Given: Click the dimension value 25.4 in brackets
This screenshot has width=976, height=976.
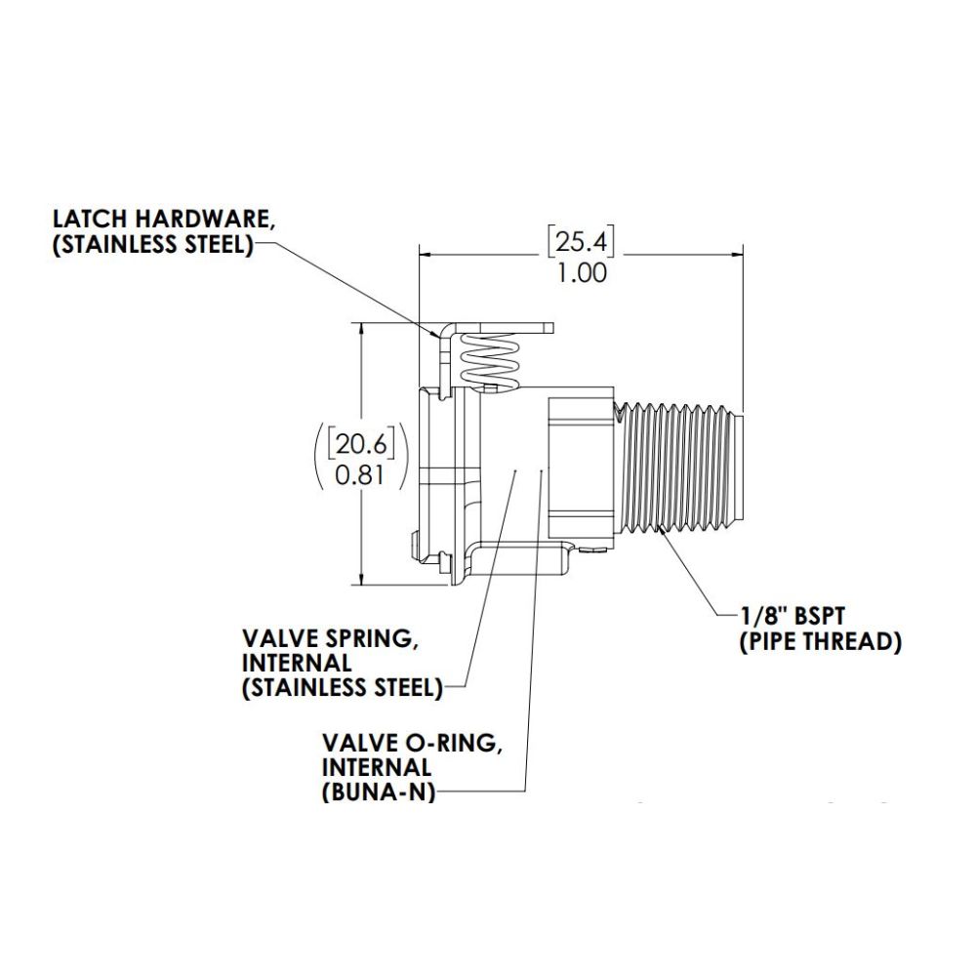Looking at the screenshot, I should click(x=582, y=240).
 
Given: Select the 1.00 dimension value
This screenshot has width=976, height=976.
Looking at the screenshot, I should click(x=582, y=272).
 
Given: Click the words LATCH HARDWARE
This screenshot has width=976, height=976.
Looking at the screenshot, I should click(x=161, y=220).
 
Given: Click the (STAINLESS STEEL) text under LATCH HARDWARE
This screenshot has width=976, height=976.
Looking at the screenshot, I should click(x=151, y=244).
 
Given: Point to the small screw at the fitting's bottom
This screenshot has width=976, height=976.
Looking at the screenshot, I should click(x=592, y=553).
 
